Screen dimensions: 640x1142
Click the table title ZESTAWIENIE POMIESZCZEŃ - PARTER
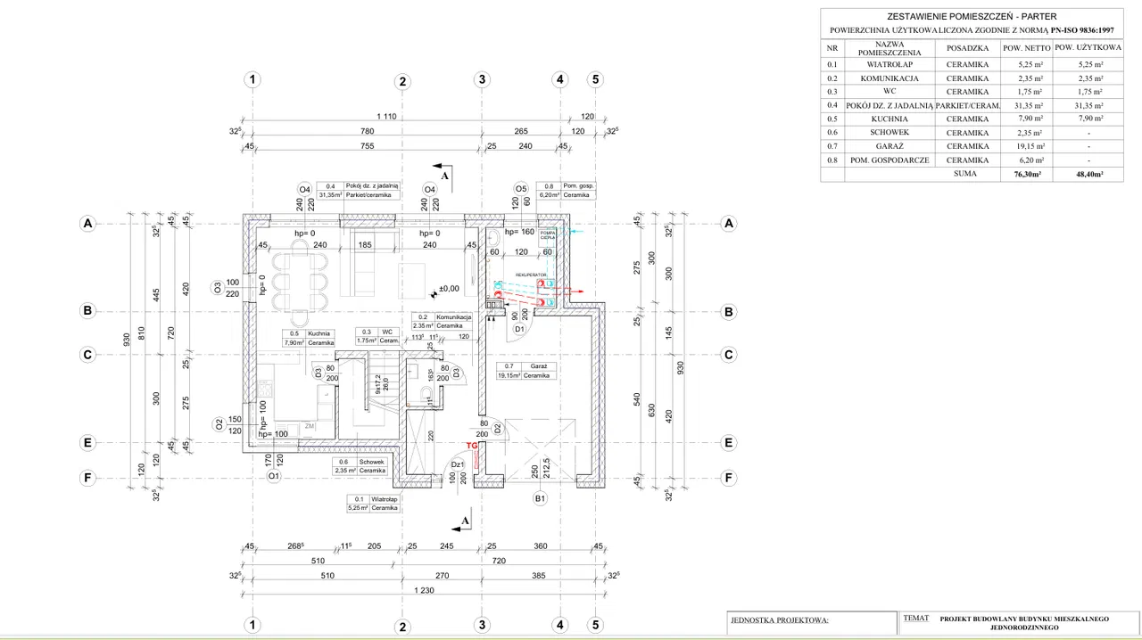(972, 16)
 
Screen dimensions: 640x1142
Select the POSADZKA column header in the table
(967, 48)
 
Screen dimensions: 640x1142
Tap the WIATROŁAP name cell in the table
(889, 65)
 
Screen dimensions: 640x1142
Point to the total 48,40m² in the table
(1089, 174)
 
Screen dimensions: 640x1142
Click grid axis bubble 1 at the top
(253, 79)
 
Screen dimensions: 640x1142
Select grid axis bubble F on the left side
(87, 479)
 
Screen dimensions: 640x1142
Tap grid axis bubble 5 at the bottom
(596, 626)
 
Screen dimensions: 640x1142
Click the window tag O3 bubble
(217, 288)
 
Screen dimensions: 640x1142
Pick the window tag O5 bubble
(520, 189)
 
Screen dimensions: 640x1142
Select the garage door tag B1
(540, 498)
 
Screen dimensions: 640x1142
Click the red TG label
(471, 446)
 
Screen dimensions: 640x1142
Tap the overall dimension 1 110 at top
(386, 117)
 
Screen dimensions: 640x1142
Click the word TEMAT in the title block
(915, 618)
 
